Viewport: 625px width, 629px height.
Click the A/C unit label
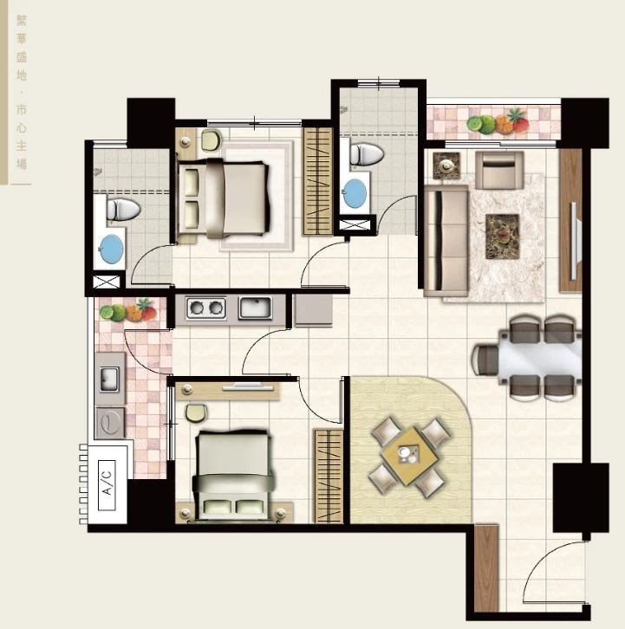click(107, 485)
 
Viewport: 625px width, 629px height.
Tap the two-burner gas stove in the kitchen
click(206, 308)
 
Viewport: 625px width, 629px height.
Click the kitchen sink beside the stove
click(256, 308)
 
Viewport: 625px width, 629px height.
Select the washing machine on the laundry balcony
click(109, 423)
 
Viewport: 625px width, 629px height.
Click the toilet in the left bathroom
click(123, 209)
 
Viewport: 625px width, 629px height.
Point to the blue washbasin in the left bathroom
click(111, 249)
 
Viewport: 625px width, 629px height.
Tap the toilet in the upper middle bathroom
click(367, 154)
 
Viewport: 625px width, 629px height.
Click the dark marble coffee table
click(502, 237)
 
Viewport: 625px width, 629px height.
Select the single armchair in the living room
click(499, 170)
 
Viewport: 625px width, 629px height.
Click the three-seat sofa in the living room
click(446, 240)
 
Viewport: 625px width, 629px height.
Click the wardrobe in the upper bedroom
click(318, 181)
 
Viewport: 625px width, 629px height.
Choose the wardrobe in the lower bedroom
click(329, 477)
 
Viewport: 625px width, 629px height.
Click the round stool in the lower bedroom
click(196, 412)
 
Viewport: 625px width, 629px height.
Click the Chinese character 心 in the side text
click(22, 127)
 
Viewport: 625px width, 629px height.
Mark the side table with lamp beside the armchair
click(446, 165)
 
